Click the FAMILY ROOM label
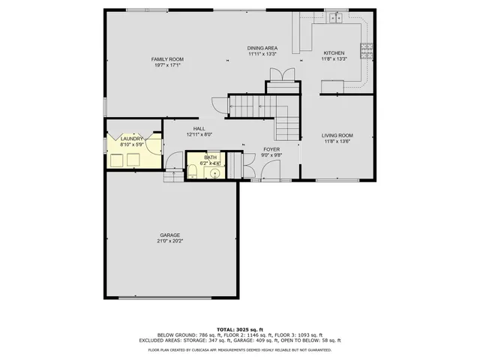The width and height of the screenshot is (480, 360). pyautogui.click(x=167, y=59)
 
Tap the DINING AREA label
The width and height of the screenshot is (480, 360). pyautogui.click(x=262, y=48)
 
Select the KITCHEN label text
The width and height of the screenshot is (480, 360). pyautogui.click(x=334, y=53)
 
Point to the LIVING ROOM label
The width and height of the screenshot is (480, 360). pyautogui.click(x=337, y=136)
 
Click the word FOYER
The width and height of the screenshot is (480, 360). pyautogui.click(x=271, y=149)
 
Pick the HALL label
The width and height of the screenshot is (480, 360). pyautogui.click(x=199, y=129)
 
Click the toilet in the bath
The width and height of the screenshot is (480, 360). pyautogui.click(x=193, y=170)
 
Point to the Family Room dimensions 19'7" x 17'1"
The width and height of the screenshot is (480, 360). pyautogui.click(x=167, y=65)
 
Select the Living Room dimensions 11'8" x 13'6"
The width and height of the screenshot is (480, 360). pyautogui.click(x=337, y=142)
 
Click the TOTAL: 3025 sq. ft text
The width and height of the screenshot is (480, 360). pyautogui.click(x=239, y=329)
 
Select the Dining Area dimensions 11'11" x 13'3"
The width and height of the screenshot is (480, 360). pyautogui.click(x=262, y=54)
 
